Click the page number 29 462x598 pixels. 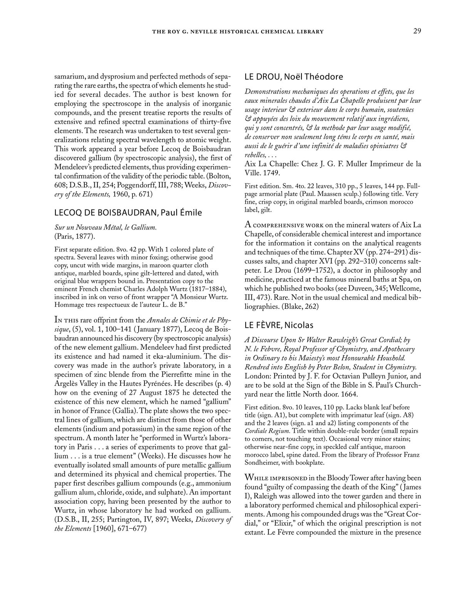click(x=417, y=31)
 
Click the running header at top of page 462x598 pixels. click(x=238, y=32)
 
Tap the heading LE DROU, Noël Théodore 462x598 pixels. click(x=294, y=77)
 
